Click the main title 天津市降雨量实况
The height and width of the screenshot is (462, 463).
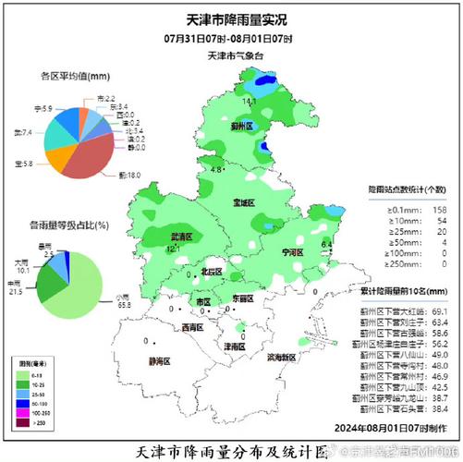(x=231, y=18)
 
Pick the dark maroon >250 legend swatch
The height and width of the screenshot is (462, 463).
(x=26, y=421)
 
